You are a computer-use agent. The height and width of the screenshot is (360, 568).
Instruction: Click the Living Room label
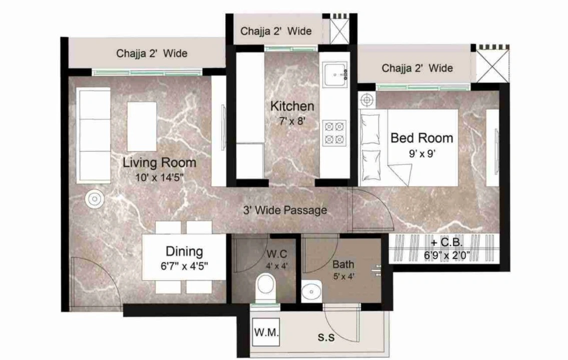159,162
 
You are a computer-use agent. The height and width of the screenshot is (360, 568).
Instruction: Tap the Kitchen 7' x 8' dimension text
292,121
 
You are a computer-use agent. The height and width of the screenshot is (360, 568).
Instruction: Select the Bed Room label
422,138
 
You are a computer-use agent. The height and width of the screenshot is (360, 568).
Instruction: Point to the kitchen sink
335,74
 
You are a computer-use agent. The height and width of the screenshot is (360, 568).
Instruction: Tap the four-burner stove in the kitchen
334,133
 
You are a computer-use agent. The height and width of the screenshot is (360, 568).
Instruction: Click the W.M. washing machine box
266,332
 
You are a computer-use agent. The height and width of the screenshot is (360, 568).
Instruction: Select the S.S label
326,337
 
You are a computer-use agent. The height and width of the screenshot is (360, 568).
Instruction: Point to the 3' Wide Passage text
285,210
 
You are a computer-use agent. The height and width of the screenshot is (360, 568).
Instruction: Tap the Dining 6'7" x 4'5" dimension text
184,266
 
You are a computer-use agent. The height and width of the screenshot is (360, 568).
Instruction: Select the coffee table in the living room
142,126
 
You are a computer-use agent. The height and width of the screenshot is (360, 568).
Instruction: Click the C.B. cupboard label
447,242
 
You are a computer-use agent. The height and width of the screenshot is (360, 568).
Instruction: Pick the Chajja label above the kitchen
276,31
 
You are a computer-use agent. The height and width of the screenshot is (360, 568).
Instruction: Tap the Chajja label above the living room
152,53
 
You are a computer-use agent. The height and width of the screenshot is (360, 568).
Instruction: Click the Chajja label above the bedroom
417,68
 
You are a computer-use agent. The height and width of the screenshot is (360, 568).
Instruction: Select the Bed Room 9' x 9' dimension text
422,154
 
